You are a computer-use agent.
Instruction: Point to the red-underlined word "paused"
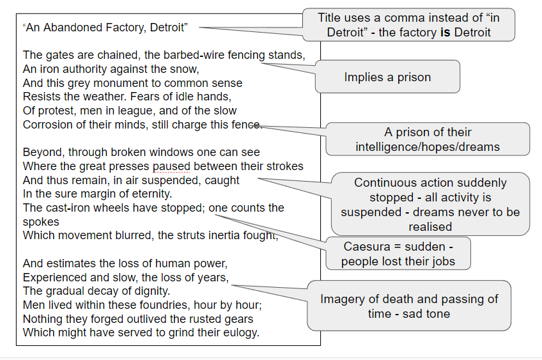171,166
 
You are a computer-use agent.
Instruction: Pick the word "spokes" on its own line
41,221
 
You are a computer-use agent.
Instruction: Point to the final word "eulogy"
240,333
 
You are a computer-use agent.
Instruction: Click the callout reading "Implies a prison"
387,77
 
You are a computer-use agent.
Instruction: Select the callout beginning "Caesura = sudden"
398,254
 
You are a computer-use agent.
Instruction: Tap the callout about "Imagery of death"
409,306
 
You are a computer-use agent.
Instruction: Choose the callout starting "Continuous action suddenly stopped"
430,204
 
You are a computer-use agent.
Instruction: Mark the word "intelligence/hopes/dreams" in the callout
428,146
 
